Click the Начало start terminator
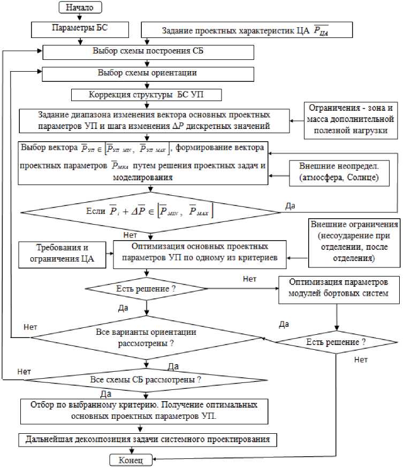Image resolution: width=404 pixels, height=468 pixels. point(80,7)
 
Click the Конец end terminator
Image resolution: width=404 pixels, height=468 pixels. point(130,460)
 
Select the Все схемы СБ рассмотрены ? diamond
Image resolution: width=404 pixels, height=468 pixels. point(146,380)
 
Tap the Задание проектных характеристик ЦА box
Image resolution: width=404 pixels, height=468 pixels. point(246,30)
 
